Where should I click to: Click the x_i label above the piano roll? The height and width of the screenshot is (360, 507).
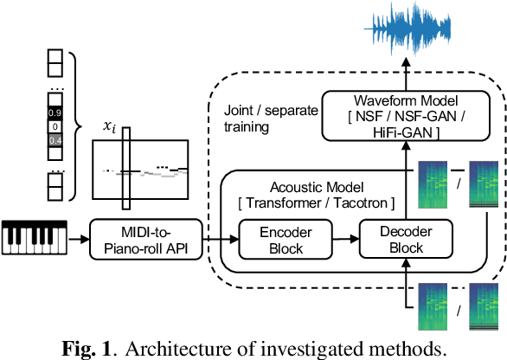point(110,126)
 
